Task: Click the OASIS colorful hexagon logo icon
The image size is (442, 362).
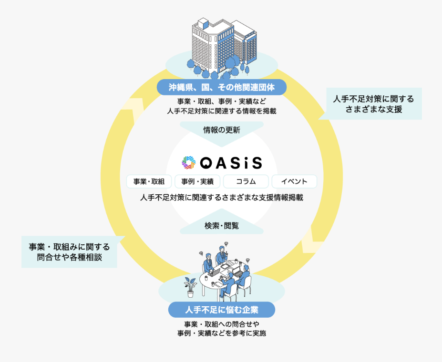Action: [189, 162]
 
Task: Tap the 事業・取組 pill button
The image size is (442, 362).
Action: [149, 181]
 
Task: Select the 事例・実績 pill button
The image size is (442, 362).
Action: [197, 181]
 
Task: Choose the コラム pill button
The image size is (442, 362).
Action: [246, 181]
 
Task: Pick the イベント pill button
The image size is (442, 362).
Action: [294, 181]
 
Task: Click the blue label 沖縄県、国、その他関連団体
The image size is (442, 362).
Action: [222, 87]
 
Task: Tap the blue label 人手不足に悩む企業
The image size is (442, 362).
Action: [222, 310]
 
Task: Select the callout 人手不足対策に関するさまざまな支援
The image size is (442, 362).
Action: [373, 103]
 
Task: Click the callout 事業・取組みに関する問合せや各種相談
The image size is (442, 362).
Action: [69, 252]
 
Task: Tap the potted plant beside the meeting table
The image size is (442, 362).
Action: [190, 287]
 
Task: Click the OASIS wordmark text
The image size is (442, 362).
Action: [231, 163]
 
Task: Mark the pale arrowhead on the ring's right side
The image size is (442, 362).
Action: [312, 241]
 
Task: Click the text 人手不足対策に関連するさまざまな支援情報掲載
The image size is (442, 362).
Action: [222, 198]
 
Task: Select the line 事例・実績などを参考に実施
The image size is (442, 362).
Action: [222, 333]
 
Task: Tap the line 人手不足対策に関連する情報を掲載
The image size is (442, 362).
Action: [222, 111]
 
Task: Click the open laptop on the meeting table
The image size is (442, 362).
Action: [214, 272]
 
